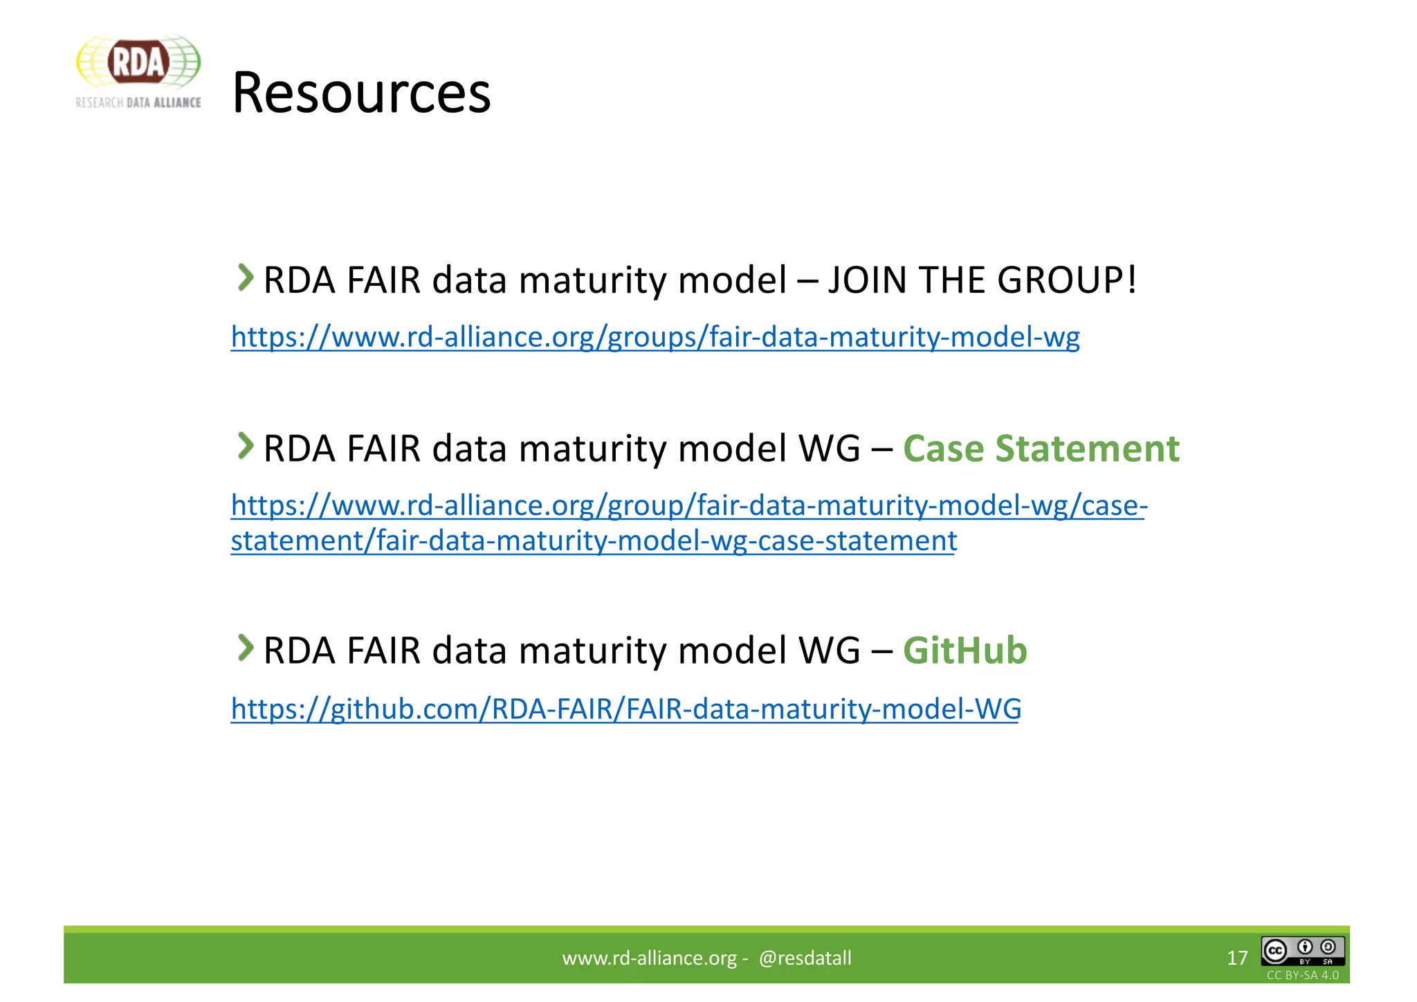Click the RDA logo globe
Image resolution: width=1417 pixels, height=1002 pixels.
pyautogui.click(x=138, y=62)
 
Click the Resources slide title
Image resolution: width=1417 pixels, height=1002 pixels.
pyautogui.click(x=361, y=93)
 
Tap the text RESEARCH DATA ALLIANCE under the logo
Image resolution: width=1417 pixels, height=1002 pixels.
pyautogui.click(x=138, y=102)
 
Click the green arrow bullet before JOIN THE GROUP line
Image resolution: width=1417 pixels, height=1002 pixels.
pyautogui.click(x=245, y=277)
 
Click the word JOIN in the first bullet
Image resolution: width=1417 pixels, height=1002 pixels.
pyautogui.click(x=868, y=280)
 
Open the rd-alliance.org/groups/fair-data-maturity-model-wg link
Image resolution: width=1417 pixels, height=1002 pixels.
pyautogui.click(x=655, y=337)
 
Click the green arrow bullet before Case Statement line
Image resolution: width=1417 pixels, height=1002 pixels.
pyautogui.click(x=245, y=446)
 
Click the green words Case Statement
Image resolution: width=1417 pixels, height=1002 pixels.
pyautogui.click(x=1041, y=448)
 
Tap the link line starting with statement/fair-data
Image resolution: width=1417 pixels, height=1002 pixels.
pyautogui.click(x=594, y=540)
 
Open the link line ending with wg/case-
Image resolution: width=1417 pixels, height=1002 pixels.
pyautogui.click(x=689, y=506)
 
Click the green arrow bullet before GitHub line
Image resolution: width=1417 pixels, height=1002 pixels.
pyautogui.click(x=245, y=648)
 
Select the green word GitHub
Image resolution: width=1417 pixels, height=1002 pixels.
pyautogui.click(x=965, y=650)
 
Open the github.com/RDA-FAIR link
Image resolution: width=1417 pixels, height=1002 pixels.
pyautogui.click(x=625, y=709)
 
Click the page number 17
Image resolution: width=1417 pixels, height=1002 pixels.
pyautogui.click(x=1237, y=958)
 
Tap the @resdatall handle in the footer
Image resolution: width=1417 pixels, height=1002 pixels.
pyautogui.click(x=805, y=958)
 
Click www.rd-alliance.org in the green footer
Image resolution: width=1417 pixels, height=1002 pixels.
pyautogui.click(x=649, y=958)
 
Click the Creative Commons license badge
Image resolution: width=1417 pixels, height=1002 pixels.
pyautogui.click(x=1302, y=951)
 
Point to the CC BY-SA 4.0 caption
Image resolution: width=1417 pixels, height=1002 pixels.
pyautogui.click(x=1302, y=975)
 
